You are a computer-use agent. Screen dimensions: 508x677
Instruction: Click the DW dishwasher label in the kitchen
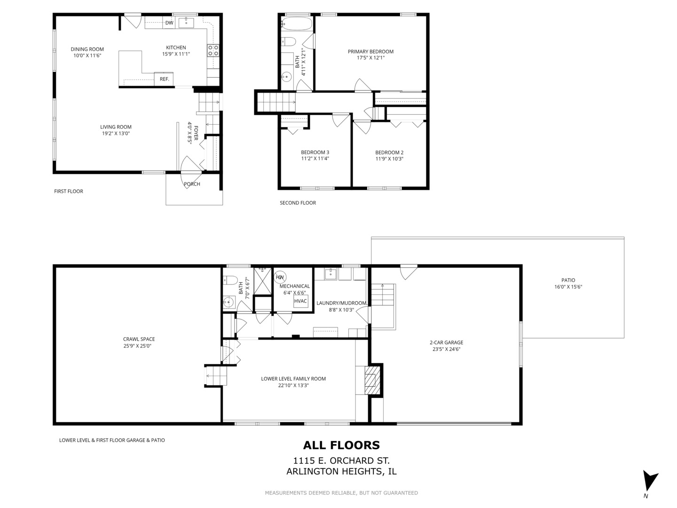point(169,23)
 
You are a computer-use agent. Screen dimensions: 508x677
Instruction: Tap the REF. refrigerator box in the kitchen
point(164,79)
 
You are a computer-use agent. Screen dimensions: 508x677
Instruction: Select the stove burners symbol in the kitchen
point(213,50)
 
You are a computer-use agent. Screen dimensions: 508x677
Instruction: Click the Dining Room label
point(87,49)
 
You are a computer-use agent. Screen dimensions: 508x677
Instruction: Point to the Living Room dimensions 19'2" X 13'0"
point(116,133)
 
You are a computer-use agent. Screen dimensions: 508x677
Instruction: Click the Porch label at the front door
point(192,184)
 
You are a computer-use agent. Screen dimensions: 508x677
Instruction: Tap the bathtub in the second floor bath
point(297,24)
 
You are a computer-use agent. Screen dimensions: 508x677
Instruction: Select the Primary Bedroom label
point(370,52)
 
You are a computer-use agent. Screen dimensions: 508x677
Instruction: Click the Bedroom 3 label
point(315,152)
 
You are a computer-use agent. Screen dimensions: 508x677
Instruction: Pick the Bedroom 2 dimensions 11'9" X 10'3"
point(389,159)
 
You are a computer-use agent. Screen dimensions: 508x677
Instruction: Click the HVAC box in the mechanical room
point(300,301)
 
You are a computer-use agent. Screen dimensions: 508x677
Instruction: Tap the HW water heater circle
point(280,278)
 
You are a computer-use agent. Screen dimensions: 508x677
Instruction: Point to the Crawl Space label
point(139,339)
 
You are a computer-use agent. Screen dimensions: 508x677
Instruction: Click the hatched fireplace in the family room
point(372,380)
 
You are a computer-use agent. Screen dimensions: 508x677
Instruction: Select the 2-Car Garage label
point(446,342)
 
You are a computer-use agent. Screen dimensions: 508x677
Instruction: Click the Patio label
point(568,280)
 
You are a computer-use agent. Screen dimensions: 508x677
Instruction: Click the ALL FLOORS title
point(341,445)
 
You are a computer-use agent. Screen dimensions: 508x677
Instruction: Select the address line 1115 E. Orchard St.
point(341,461)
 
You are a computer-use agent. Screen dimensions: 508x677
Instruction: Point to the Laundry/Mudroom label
point(341,303)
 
